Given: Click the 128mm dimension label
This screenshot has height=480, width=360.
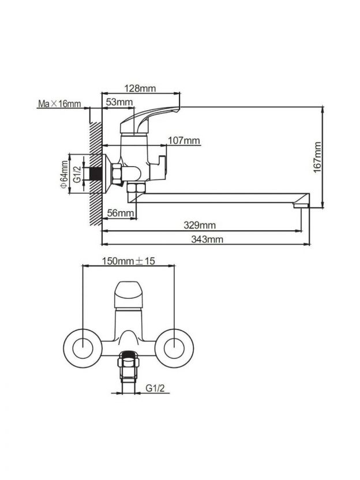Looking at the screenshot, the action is (x=140, y=88).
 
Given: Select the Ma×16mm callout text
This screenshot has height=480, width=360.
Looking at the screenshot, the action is (x=59, y=104).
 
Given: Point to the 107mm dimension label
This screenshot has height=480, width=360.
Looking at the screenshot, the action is (x=184, y=141).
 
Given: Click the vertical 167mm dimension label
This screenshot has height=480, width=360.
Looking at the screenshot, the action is (x=318, y=157).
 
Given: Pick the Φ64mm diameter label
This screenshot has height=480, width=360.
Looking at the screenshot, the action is (x=64, y=174).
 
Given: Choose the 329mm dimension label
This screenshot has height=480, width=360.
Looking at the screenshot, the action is (x=200, y=226).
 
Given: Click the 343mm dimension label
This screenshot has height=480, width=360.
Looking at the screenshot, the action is (x=207, y=239).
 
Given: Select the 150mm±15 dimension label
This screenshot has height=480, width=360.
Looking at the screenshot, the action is (x=128, y=261).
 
